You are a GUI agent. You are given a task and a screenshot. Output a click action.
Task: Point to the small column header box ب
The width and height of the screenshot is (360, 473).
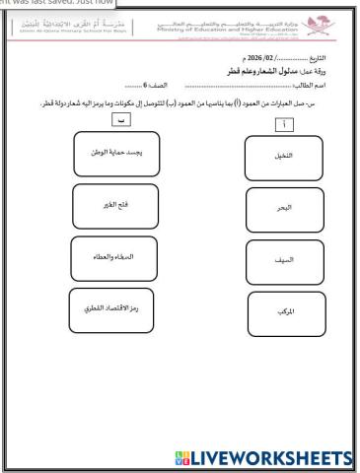(120, 119)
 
